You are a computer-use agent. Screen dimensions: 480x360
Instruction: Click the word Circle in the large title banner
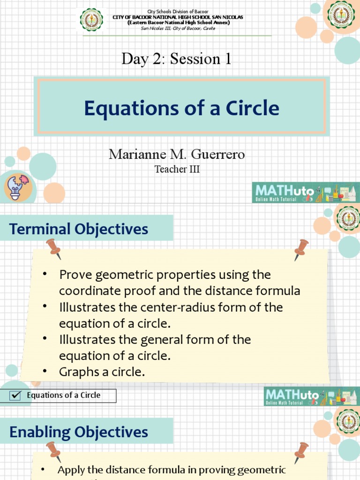253,108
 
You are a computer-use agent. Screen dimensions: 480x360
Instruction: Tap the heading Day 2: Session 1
176,59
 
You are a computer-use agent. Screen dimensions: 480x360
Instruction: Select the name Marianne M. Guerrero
177,154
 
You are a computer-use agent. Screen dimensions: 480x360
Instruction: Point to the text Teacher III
177,169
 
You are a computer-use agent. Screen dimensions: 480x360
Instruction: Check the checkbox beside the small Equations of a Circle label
15,396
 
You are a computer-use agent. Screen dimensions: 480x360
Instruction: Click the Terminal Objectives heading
79,229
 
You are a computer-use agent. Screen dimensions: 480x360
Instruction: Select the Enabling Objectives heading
79,432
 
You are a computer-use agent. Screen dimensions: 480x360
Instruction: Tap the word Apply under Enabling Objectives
71,470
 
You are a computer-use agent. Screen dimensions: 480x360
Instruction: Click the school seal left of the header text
91,21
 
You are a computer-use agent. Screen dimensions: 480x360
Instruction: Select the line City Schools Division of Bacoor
178,11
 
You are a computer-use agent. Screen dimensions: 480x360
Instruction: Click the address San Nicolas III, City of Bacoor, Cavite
178,28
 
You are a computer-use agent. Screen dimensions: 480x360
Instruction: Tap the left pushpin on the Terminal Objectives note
54,247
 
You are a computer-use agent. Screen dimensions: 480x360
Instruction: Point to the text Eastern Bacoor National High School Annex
178,22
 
